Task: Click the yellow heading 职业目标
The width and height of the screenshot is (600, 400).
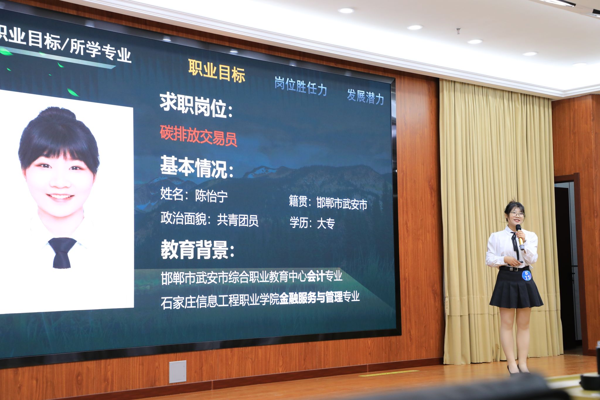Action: tap(217, 71)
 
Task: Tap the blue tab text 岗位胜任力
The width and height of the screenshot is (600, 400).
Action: tap(301, 86)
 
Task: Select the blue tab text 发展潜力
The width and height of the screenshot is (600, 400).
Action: tap(365, 96)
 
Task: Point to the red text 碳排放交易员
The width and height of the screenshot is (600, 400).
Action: tap(198, 135)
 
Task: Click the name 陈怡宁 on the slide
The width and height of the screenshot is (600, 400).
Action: tap(211, 196)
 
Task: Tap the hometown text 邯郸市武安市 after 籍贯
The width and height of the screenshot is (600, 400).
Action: tap(342, 203)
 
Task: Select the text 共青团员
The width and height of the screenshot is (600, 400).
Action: tap(238, 220)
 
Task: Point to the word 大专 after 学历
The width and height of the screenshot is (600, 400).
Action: tap(326, 223)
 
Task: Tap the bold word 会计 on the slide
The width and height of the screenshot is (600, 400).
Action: tap(316, 276)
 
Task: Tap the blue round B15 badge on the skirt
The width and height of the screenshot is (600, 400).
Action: tap(527, 275)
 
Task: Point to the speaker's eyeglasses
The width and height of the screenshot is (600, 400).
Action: tap(517, 214)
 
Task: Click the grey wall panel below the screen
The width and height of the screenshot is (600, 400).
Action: tap(178, 372)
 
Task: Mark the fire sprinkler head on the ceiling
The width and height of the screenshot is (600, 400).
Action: tap(458, 30)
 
